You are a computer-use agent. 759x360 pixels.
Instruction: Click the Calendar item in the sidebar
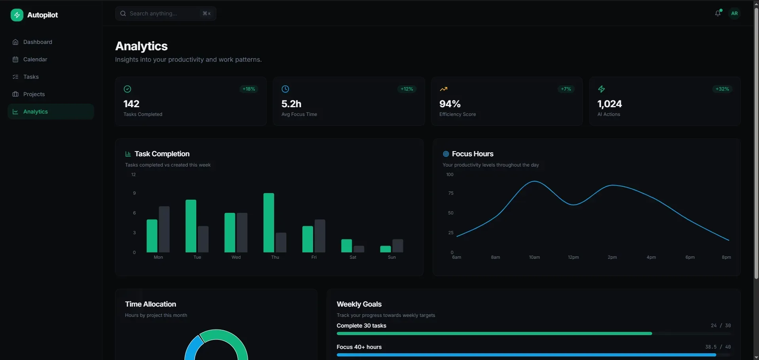coord(35,59)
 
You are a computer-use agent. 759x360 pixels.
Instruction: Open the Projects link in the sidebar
coord(34,94)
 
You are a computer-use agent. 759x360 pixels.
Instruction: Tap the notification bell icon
coord(717,13)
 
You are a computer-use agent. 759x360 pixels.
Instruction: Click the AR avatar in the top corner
coord(734,13)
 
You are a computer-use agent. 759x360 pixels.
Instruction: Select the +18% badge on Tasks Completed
coord(249,89)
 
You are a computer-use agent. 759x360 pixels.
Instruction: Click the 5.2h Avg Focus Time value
coord(291,104)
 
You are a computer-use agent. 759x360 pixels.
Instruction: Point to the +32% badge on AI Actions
coord(722,89)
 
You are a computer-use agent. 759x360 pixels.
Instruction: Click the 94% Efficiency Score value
coord(450,104)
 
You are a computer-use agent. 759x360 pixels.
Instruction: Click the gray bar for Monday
coord(164,229)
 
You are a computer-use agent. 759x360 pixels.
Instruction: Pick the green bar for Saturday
coord(346,246)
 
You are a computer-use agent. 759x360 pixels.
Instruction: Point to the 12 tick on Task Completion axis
coord(133,174)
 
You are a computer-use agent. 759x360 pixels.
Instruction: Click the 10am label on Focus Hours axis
coord(534,257)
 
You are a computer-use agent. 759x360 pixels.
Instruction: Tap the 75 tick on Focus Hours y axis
coord(451,193)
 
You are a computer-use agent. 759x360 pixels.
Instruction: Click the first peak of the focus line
coord(535,181)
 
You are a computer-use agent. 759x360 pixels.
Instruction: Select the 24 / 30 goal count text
coord(721,326)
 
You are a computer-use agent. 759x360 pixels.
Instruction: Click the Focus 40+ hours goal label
coord(359,347)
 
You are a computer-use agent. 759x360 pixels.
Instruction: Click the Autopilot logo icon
coord(17,15)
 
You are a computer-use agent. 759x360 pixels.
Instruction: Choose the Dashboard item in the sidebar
coord(38,42)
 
